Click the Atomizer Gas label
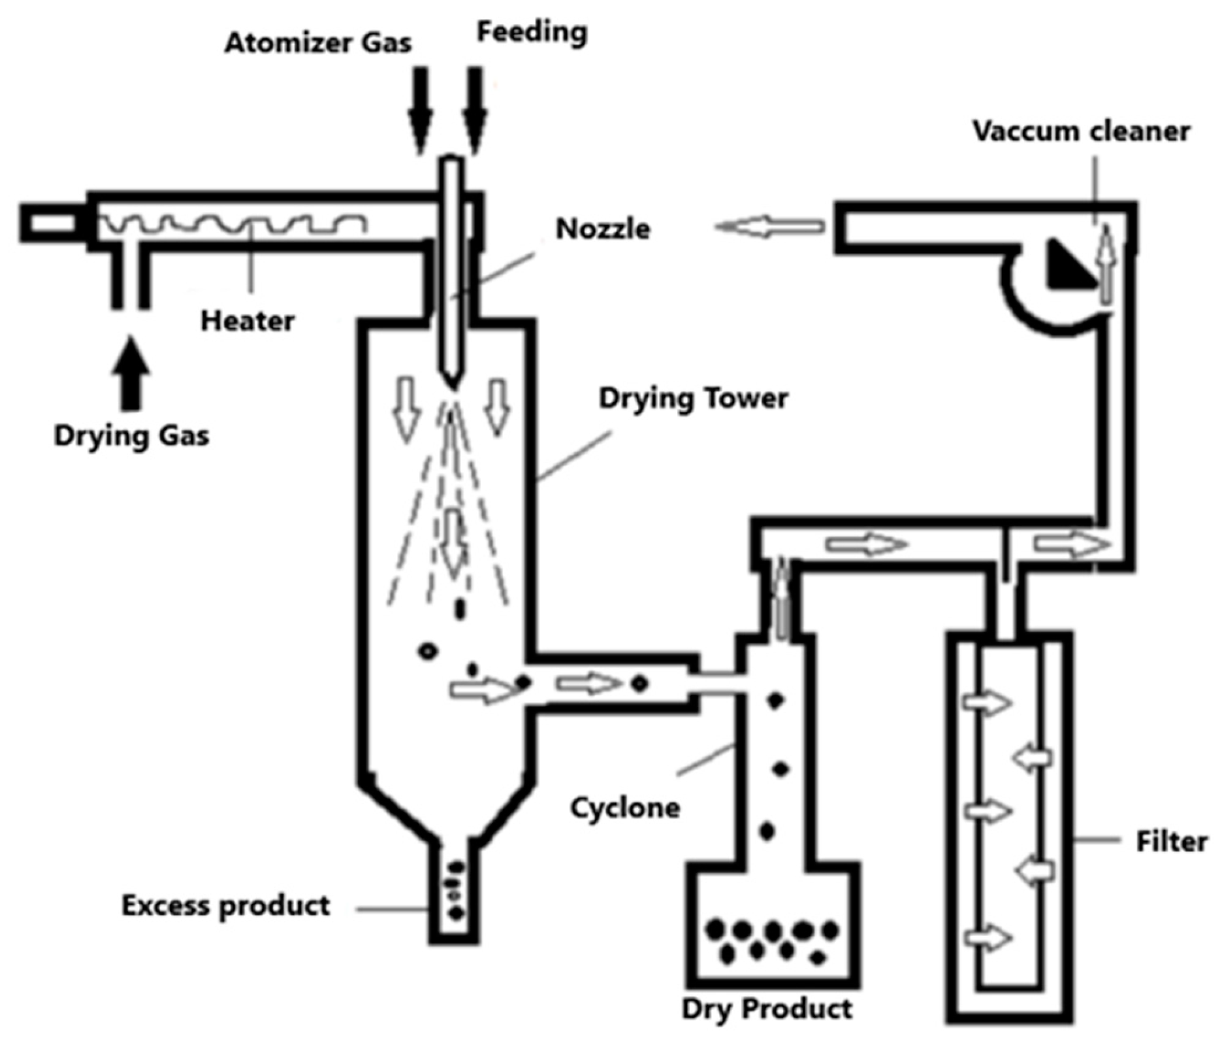coord(318,44)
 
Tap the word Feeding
coord(532,32)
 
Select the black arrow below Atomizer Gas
coord(420,108)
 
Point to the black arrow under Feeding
coord(475,108)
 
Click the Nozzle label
coord(602,229)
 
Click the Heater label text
coord(248,322)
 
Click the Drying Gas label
coord(131,436)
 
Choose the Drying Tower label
coord(693,398)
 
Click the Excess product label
coord(225,906)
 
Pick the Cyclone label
coord(625,808)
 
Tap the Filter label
coord(1172,842)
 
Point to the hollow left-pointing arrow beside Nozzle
coord(769,227)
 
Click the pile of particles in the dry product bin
coord(773,941)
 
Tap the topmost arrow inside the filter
coord(988,703)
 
